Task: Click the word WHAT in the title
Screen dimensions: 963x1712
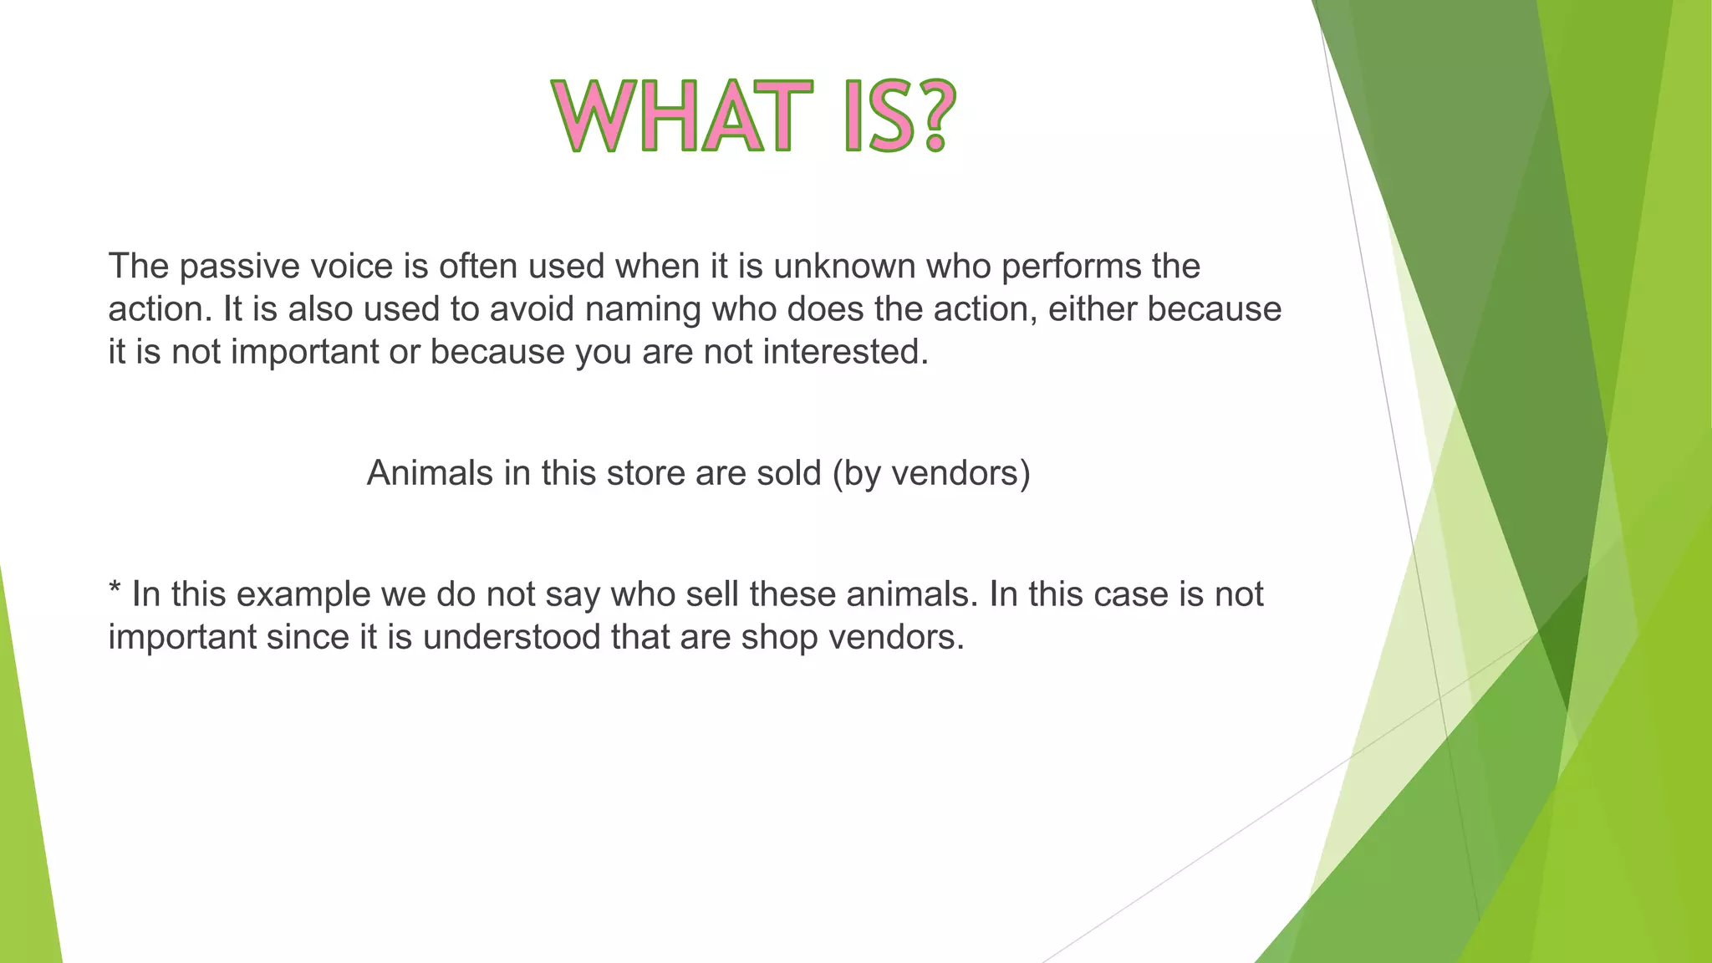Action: point(681,116)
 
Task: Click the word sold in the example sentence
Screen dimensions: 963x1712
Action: point(789,474)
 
